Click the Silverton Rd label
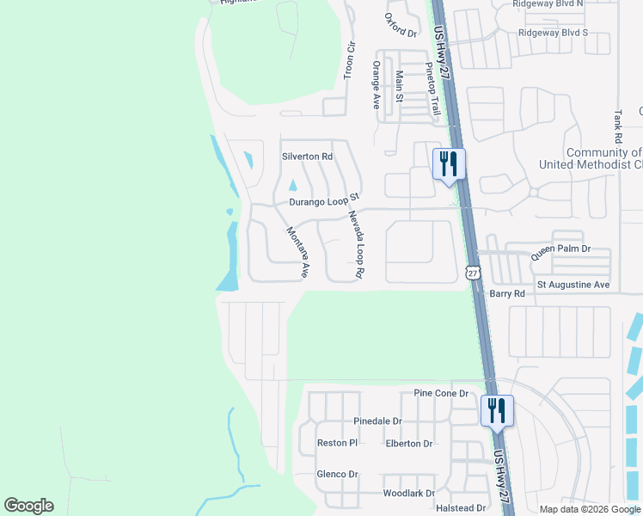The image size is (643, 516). click(x=307, y=157)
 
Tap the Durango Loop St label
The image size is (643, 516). click(x=322, y=202)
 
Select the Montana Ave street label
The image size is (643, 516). click(x=297, y=252)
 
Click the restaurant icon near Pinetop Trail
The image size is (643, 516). click(x=449, y=164)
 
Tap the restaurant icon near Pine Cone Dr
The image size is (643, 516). click(x=497, y=410)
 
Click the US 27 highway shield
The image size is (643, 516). click(x=472, y=273)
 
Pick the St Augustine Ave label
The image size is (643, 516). click(x=573, y=285)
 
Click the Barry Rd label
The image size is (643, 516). click(x=507, y=294)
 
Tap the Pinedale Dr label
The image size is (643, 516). click(x=377, y=421)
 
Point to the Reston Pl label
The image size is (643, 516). click(x=337, y=443)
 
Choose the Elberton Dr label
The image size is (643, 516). click(x=409, y=444)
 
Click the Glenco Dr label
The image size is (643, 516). click(x=337, y=474)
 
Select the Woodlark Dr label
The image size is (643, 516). click(x=409, y=494)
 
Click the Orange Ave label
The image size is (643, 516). click(x=376, y=84)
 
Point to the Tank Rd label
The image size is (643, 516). click(x=618, y=126)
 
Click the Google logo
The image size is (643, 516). click(x=28, y=506)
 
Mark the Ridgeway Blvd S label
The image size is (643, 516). click(x=553, y=33)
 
